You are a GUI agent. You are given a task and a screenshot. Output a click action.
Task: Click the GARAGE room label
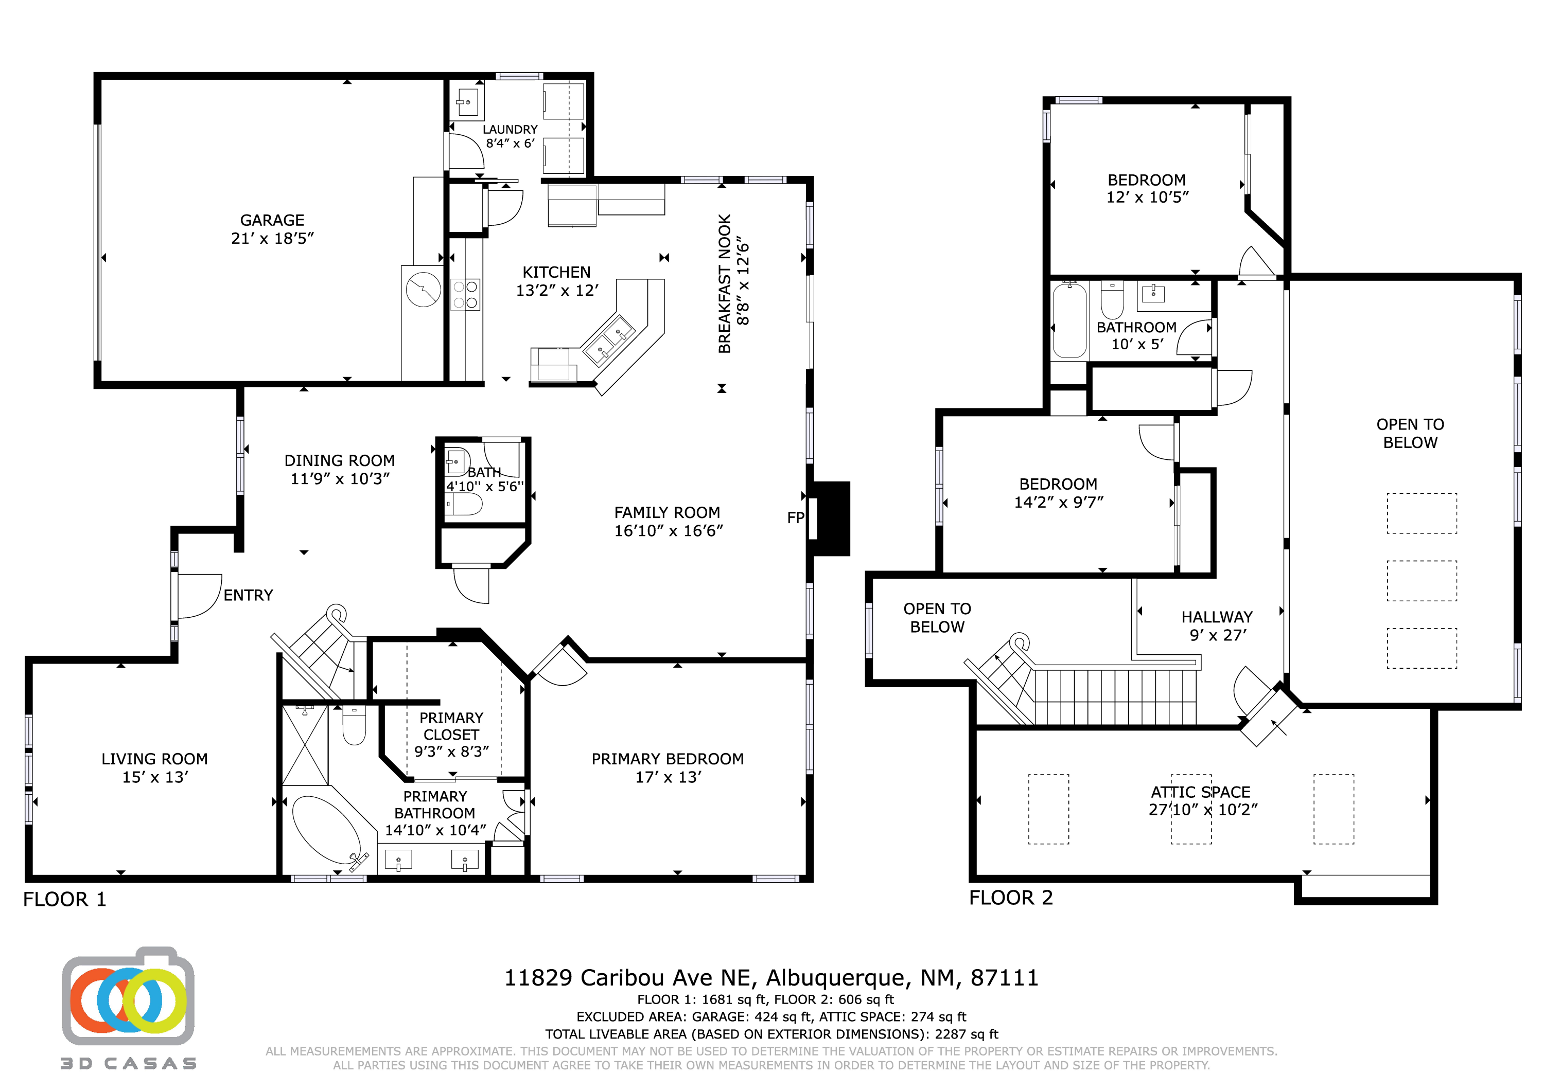pyautogui.click(x=272, y=221)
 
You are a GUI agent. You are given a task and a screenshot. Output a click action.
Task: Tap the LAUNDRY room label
pyautogui.click(x=510, y=129)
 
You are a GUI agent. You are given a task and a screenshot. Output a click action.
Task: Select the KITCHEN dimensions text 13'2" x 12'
pyautogui.click(x=557, y=291)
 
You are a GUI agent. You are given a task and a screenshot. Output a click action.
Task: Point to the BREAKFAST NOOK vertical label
pyautogui.click(x=724, y=283)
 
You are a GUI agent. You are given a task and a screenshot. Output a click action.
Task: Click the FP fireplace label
pyautogui.click(x=796, y=517)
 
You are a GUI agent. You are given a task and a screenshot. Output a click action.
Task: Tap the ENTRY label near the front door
pyautogui.click(x=248, y=595)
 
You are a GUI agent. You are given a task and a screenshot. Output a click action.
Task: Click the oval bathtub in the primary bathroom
pyautogui.click(x=326, y=830)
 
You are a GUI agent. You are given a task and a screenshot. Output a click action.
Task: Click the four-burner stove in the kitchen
pyautogui.click(x=465, y=294)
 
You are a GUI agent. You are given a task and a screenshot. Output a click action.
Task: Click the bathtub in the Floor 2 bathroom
pyautogui.click(x=1070, y=320)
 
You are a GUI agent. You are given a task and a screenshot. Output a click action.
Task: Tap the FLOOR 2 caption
pyautogui.click(x=1011, y=898)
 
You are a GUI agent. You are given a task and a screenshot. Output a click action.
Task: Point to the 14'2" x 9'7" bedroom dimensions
pyautogui.click(x=1059, y=502)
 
